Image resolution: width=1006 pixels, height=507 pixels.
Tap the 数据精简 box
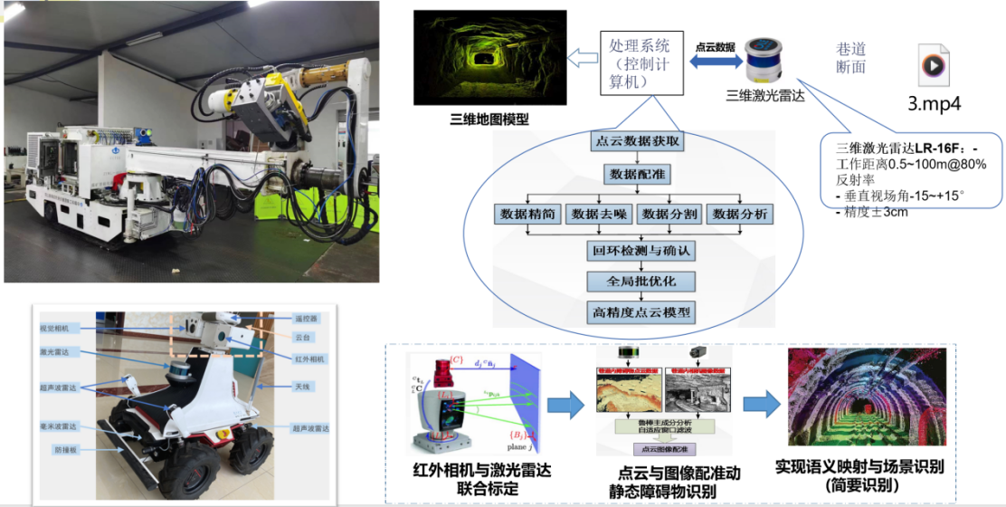[527, 215]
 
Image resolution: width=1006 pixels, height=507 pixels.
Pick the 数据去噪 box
[598, 215]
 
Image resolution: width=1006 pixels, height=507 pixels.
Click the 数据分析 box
[741, 215]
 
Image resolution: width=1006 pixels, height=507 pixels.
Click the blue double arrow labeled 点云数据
[711, 59]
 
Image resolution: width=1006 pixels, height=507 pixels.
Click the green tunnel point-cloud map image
[489, 59]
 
